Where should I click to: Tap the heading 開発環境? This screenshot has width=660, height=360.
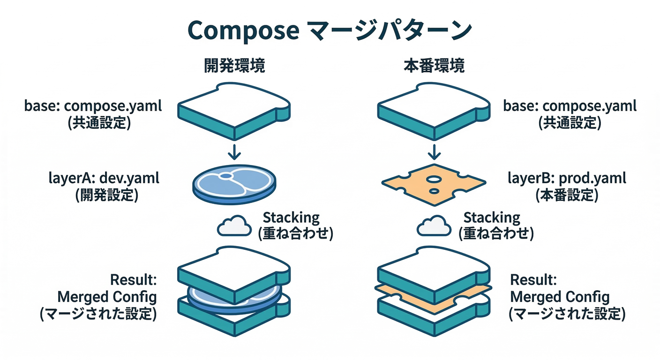[x=235, y=66]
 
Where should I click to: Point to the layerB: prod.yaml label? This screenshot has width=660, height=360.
[x=567, y=178]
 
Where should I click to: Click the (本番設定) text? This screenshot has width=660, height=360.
[x=567, y=195]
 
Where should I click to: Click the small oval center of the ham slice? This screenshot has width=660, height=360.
[x=226, y=176]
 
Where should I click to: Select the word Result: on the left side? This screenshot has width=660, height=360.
[x=133, y=280]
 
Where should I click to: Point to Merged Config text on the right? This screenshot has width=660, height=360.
[x=560, y=296]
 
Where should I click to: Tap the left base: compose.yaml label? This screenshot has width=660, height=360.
[x=93, y=106]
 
